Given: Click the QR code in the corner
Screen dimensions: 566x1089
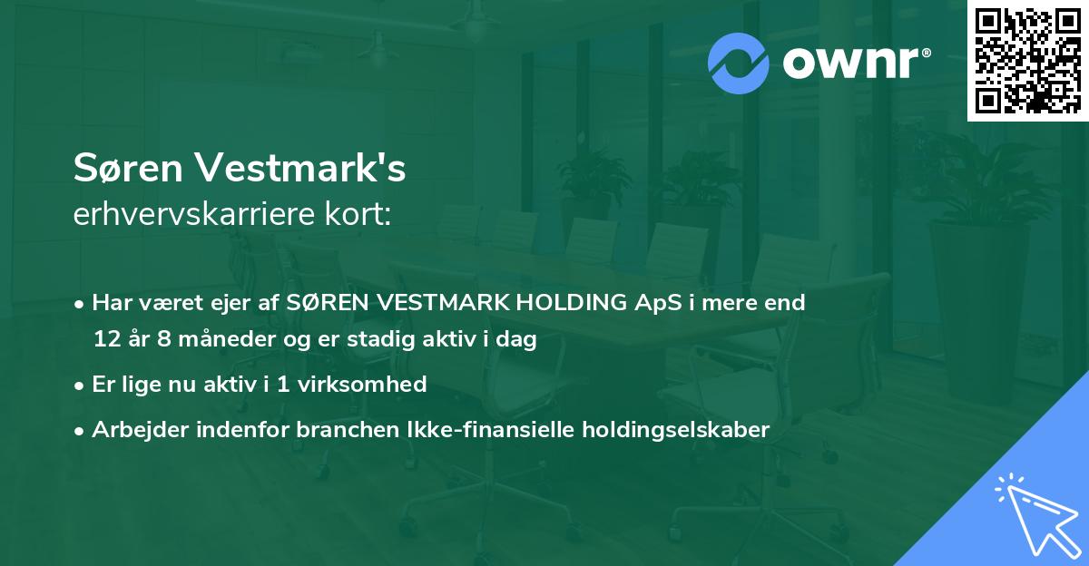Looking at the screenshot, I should point(1027,61).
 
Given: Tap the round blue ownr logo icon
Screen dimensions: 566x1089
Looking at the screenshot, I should point(737,63).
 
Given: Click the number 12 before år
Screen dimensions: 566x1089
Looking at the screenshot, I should point(104,340).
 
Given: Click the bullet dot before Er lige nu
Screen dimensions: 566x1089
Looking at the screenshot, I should point(81,385).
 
